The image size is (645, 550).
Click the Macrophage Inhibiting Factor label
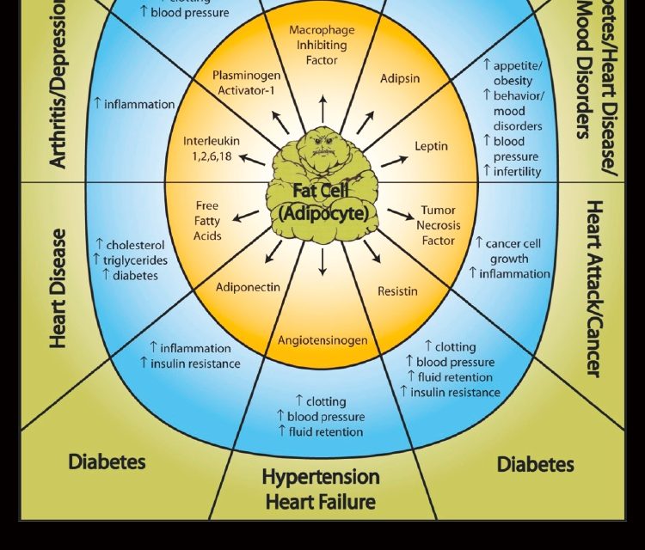(x=322, y=45)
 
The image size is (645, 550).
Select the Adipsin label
(x=399, y=78)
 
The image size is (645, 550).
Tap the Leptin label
(x=431, y=146)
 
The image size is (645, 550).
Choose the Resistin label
(x=397, y=291)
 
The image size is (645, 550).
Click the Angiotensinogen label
(x=322, y=340)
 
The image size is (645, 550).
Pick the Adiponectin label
(x=248, y=287)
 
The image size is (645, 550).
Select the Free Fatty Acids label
(x=207, y=221)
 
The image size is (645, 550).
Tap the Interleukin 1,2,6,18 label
(x=212, y=149)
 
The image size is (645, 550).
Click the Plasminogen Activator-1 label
(x=247, y=82)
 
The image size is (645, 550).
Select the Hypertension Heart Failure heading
(x=321, y=488)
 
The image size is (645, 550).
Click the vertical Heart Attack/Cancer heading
(x=594, y=288)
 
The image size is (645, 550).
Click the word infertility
(x=518, y=171)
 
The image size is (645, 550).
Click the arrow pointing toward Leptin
(x=394, y=160)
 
